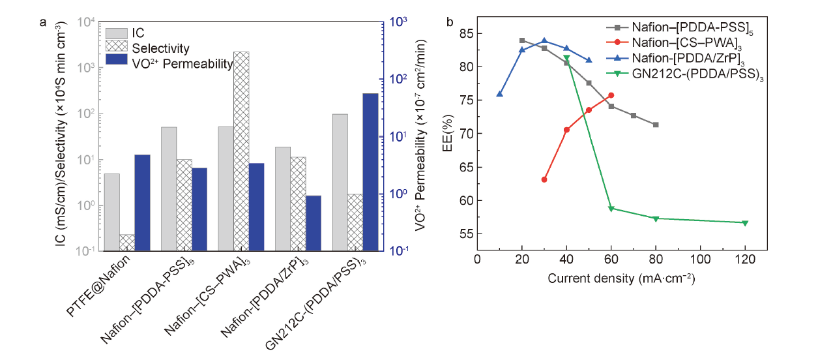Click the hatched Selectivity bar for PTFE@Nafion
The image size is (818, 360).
coord(127,243)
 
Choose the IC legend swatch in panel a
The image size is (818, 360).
coord(115,33)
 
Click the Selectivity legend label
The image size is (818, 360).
coord(160,48)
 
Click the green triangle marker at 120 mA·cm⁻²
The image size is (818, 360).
coord(745,223)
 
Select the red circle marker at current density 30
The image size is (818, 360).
coord(544,179)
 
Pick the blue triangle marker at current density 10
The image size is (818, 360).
coord(499,94)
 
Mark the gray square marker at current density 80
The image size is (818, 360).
coord(656,125)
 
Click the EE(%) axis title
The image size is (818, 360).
coord(449,135)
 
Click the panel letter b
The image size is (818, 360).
coord(450,22)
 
